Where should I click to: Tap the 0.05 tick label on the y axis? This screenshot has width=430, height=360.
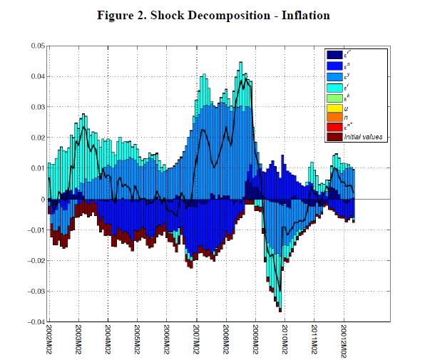point(34,46)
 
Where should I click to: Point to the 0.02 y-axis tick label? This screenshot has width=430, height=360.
point(34,138)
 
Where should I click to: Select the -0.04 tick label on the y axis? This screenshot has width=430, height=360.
point(33,322)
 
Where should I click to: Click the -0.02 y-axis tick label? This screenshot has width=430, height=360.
point(33,260)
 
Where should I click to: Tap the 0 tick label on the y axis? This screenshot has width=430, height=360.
point(41,199)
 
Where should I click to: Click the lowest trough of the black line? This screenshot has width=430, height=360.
point(280,291)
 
